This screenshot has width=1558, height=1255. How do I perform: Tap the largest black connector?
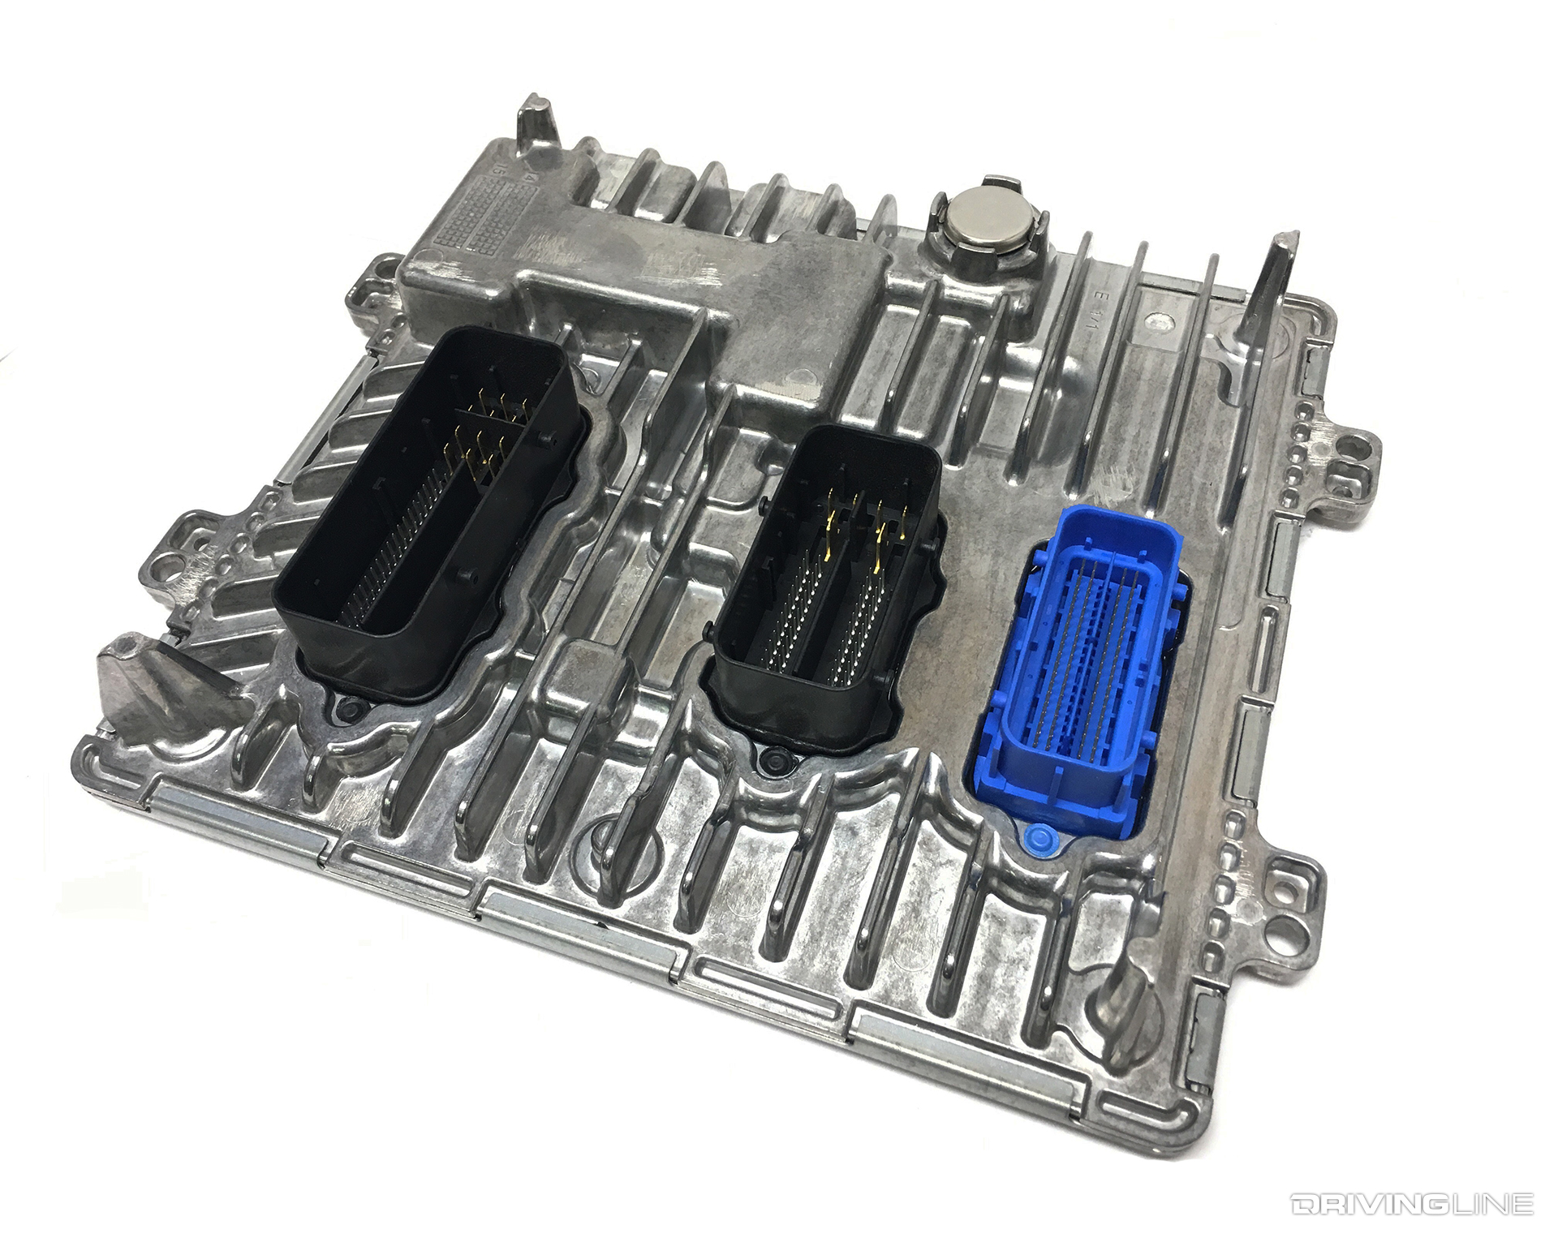click(430, 519)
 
